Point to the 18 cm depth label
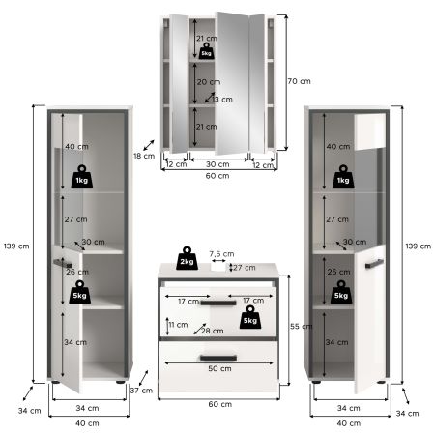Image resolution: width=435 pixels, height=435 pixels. pos(143,155)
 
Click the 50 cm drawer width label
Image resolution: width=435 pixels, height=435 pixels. pos(218,367)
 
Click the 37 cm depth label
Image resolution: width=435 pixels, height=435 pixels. pos(141,390)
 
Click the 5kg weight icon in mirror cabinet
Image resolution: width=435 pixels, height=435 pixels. pos(206,52)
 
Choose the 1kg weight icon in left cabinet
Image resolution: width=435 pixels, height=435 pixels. pos(82,178)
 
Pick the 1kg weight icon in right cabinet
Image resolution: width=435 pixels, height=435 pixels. pos(341,178)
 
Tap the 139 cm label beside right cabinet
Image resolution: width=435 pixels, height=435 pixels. pos(417,246)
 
